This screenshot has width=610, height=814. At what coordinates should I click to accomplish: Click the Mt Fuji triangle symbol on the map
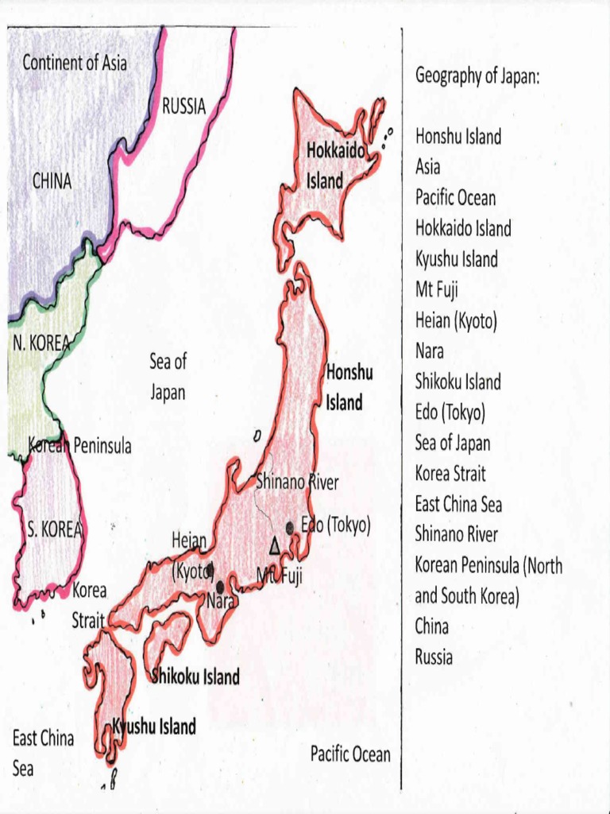pyautogui.click(x=275, y=545)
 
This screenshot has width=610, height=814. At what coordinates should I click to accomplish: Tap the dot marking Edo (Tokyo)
pyautogui.click(x=291, y=527)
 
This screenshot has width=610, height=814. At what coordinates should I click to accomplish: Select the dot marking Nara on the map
pyautogui.click(x=220, y=587)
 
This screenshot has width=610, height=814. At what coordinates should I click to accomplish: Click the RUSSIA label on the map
pyautogui.click(x=183, y=106)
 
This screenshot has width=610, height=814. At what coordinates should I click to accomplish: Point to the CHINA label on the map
pyautogui.click(x=52, y=181)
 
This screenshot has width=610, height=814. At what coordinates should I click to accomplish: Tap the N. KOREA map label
pyautogui.click(x=41, y=343)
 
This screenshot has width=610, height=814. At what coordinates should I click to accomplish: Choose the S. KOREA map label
pyautogui.click(x=55, y=530)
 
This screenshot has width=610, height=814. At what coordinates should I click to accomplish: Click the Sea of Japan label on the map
pyautogui.click(x=167, y=377)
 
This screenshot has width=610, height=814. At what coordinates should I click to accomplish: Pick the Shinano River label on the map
pyautogui.click(x=297, y=482)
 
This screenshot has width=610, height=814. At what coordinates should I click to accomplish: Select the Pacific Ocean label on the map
pyautogui.click(x=350, y=754)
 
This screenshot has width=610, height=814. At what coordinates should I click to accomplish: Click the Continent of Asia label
pyautogui.click(x=74, y=62)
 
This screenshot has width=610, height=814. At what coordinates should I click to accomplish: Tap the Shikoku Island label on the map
pyautogui.click(x=196, y=677)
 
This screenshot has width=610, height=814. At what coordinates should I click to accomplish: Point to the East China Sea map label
pyautogui.click(x=43, y=753)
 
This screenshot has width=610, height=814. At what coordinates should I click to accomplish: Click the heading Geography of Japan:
pyautogui.click(x=477, y=76)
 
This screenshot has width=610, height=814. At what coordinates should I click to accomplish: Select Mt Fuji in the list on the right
pyautogui.click(x=436, y=290)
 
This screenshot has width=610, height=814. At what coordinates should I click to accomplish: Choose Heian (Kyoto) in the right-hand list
pyautogui.click(x=456, y=321)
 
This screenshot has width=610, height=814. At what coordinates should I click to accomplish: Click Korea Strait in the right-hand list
pyautogui.click(x=450, y=474)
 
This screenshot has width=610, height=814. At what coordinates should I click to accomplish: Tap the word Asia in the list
pyautogui.click(x=427, y=168)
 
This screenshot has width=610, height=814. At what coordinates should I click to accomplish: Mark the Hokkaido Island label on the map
pyautogui.click(x=335, y=165)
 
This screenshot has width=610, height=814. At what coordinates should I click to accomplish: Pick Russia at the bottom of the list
pyautogui.click(x=434, y=657)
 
